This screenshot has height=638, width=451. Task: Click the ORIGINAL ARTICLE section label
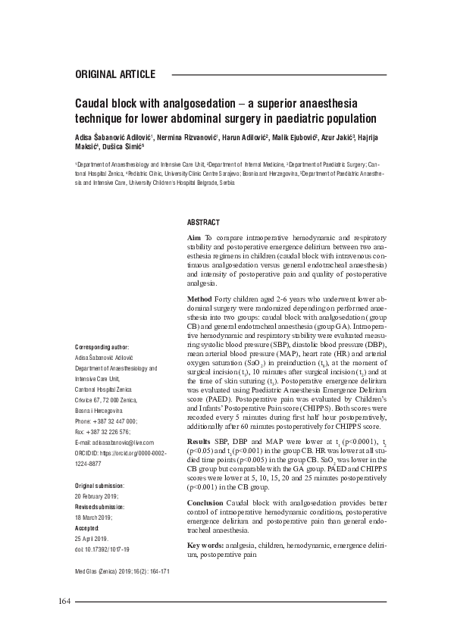coord(115,74)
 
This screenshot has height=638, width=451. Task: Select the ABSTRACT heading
coord(203,222)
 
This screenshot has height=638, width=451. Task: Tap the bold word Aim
coord(194,239)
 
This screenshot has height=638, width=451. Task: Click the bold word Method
coord(201,299)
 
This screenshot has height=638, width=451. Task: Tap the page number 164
coord(64,602)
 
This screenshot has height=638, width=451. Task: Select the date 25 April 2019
coord(92,538)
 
